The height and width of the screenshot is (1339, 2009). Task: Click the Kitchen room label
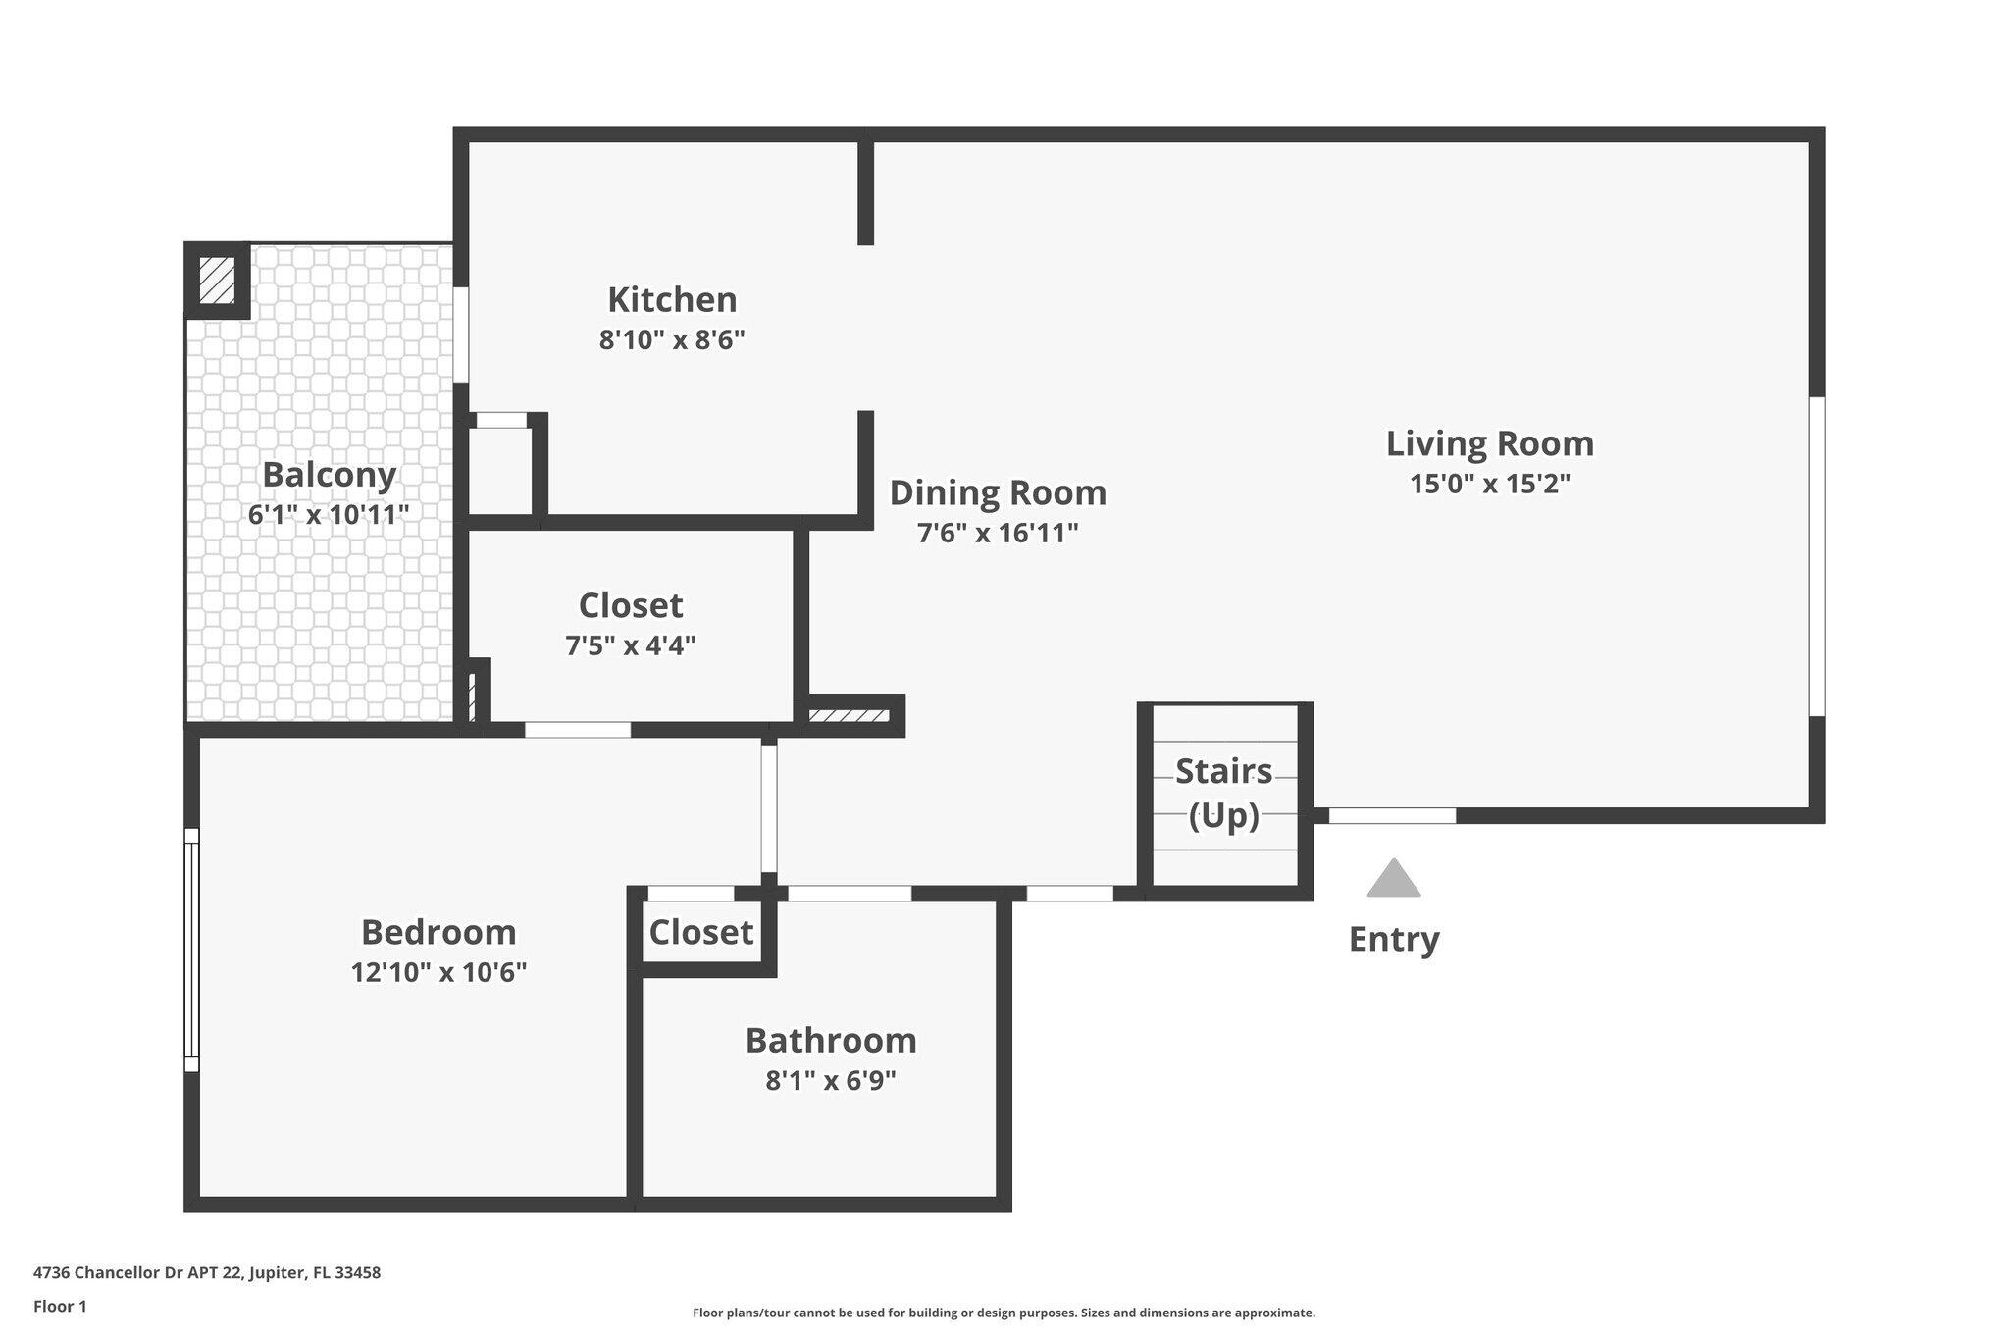pos(672,299)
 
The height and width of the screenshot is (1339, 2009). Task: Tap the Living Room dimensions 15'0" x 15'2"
pos(1489,484)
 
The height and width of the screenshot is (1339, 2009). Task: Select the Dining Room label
pos(998,492)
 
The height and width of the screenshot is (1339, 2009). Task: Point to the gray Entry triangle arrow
pos(1393,880)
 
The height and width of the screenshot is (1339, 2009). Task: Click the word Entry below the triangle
pos(1393,939)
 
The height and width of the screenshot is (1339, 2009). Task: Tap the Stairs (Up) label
pos(1223,793)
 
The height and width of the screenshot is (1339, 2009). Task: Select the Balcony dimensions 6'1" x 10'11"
pos(328,514)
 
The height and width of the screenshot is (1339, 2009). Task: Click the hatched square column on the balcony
pos(217,280)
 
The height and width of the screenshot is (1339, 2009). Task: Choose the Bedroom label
pos(438,931)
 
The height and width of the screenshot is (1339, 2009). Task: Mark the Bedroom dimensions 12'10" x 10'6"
pos(438,972)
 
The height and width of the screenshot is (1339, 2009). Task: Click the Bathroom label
pos(831,1040)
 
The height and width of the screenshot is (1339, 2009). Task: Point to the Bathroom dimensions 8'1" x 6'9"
pos(831,1080)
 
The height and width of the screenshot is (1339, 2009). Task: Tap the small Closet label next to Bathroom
pos(700,932)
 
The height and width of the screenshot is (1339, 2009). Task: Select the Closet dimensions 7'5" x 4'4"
pos(630,645)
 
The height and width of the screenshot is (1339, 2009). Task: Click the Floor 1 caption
pos(60,1306)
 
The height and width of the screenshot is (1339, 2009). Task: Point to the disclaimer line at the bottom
pos(1004,1313)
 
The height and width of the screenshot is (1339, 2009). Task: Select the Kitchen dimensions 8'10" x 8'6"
pos(672,340)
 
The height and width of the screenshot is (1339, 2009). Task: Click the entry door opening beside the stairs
pos(1391,815)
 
